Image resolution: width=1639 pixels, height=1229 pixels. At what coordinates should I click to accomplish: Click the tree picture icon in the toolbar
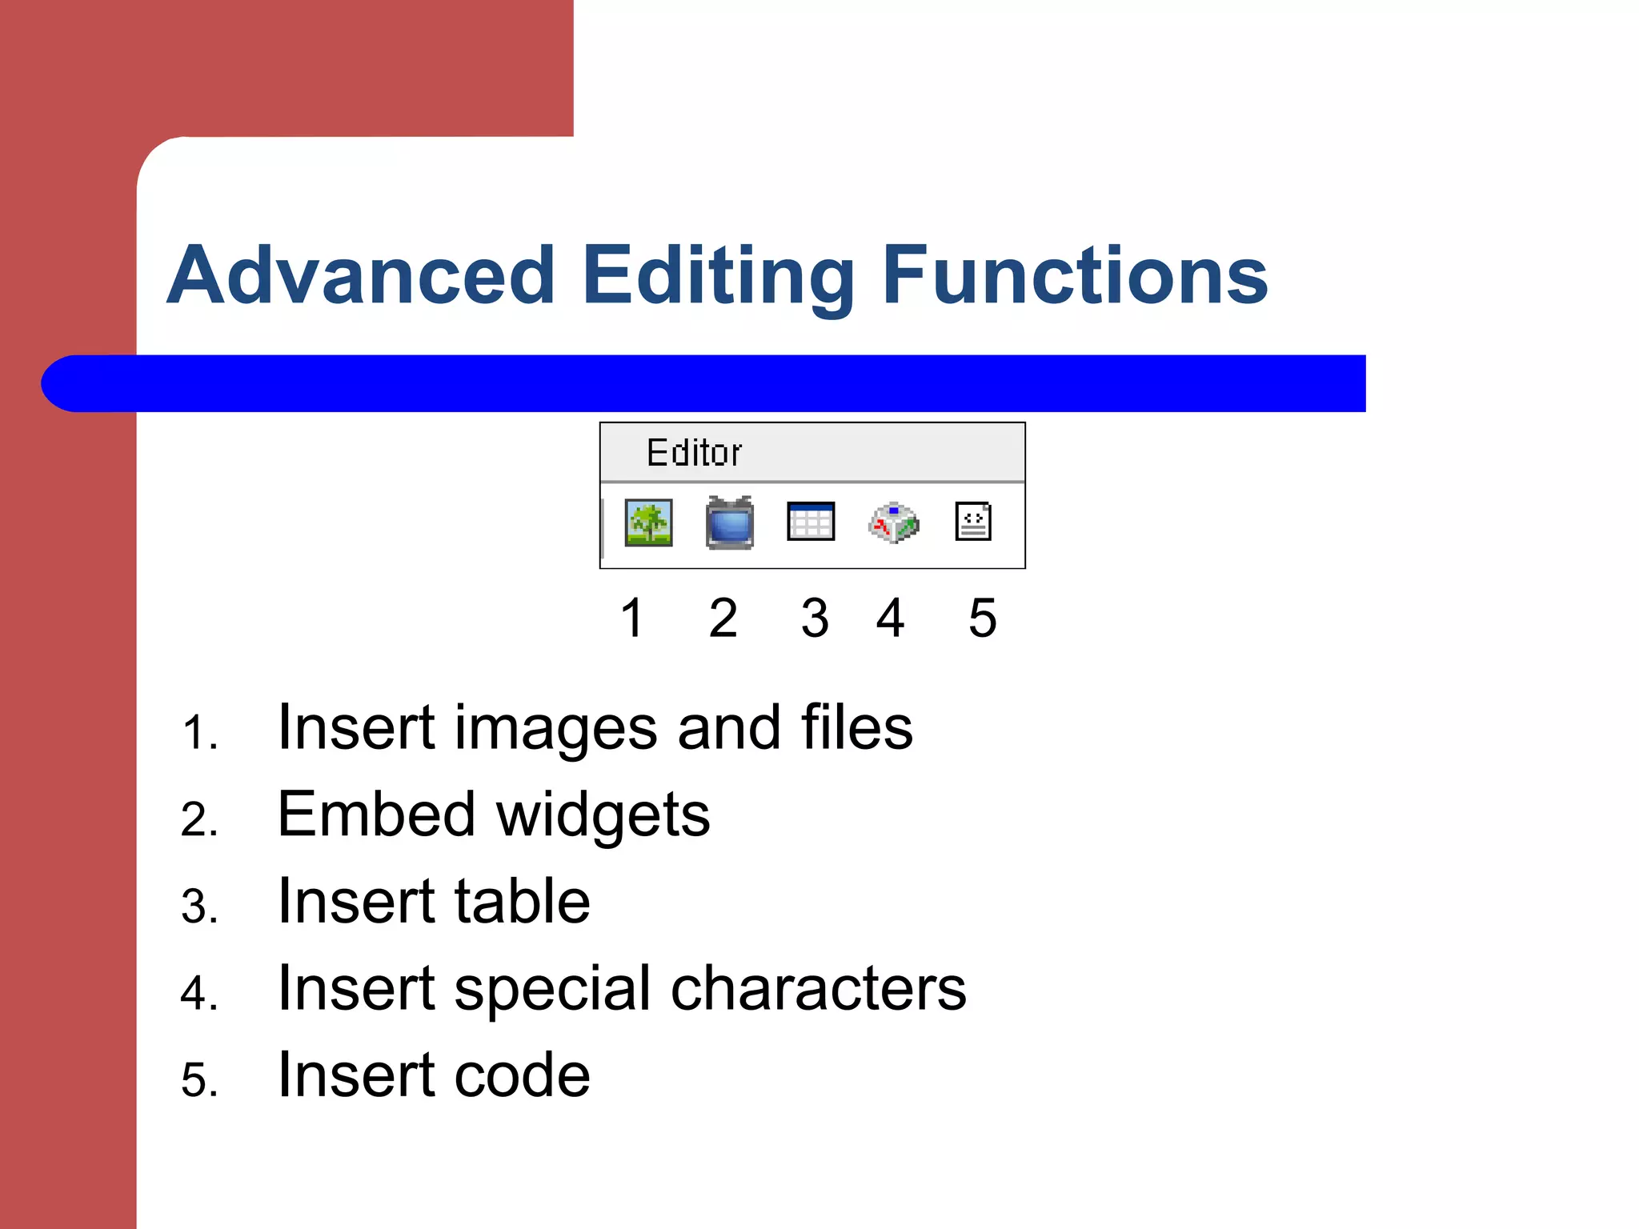tap(648, 522)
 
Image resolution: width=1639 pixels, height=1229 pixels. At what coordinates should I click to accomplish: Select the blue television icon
tap(730, 523)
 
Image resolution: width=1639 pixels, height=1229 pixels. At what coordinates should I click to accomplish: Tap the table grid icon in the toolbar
tap(811, 522)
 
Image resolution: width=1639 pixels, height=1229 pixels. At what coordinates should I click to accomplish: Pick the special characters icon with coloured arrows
tap(894, 523)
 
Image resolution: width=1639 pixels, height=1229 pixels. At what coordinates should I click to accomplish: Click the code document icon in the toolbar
tap(974, 522)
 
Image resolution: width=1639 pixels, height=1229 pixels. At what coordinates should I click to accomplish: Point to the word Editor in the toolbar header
tap(694, 453)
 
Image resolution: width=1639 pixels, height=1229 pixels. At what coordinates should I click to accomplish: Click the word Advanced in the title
tap(361, 275)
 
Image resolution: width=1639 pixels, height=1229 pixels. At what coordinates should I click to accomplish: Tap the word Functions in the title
tap(1075, 275)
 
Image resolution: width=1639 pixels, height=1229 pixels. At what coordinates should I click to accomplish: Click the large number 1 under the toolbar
tap(632, 618)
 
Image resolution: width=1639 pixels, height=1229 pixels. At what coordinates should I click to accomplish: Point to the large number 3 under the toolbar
tap(815, 618)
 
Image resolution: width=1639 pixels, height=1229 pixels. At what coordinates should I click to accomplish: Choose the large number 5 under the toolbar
tap(983, 618)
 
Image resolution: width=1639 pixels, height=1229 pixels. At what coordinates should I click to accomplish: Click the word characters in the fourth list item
tap(818, 989)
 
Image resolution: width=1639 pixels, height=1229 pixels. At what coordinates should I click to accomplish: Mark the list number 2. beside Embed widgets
tap(199, 819)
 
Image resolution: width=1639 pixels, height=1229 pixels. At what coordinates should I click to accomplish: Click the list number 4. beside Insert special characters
tap(199, 993)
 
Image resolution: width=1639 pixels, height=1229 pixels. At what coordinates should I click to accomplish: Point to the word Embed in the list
tap(376, 815)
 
